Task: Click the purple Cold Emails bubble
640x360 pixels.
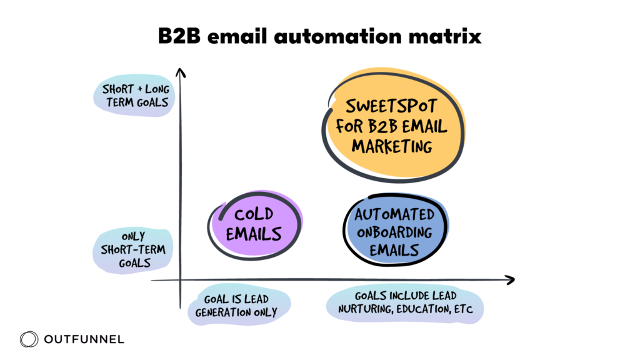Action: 254,224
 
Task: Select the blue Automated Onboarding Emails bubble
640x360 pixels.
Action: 395,232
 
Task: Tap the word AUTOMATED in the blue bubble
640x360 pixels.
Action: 395,214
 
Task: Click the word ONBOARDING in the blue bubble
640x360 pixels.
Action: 395,232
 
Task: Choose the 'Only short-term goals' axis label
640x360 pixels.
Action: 134,250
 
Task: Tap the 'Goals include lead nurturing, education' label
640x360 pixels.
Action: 405,302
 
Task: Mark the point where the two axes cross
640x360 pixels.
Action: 180,281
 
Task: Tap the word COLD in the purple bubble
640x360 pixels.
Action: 254,215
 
